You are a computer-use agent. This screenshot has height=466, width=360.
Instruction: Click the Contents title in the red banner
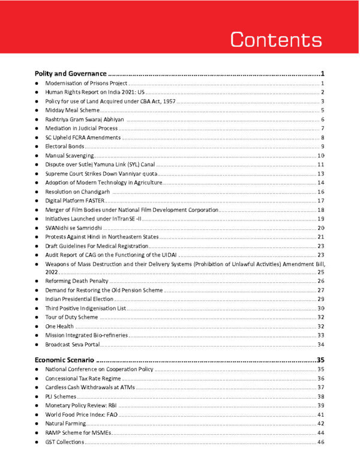pos(277,40)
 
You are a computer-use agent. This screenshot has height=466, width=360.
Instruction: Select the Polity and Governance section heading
pos(71,73)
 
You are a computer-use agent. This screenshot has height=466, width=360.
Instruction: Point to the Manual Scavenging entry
pos(67,156)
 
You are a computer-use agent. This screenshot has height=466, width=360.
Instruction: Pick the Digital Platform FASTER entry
pos(71,201)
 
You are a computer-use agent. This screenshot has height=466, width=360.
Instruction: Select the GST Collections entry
pos(65,442)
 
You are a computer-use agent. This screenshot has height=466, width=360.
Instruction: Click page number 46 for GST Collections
pos(321,442)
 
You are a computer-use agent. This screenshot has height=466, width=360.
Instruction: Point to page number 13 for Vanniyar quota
pos(321,174)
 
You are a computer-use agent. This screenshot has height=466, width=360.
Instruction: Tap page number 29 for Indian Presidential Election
pos(321,299)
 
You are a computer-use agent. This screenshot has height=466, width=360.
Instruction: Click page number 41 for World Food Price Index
pos(321,414)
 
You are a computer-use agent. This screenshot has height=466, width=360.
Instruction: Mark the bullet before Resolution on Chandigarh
pos(37,192)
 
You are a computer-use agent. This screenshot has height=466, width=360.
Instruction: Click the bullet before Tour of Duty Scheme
pos(37,317)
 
